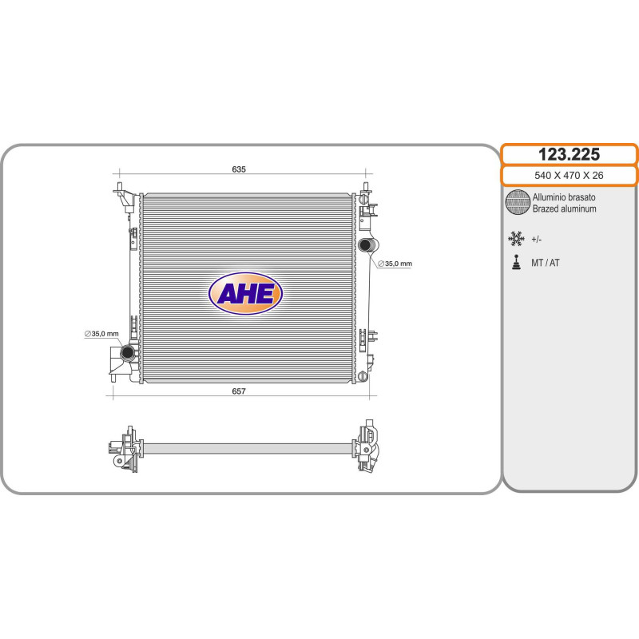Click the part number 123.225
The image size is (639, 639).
click(569, 154)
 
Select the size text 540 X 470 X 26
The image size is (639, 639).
click(569, 175)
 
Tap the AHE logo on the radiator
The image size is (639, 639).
click(245, 293)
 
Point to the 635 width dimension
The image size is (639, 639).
click(239, 169)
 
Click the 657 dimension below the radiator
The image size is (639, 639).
click(239, 391)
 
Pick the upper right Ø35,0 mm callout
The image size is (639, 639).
click(395, 264)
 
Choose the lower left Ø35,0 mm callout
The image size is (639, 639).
click(101, 334)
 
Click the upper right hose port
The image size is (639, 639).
click(366, 245)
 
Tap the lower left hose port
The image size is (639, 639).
click(128, 352)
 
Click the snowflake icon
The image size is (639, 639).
click(516, 239)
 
